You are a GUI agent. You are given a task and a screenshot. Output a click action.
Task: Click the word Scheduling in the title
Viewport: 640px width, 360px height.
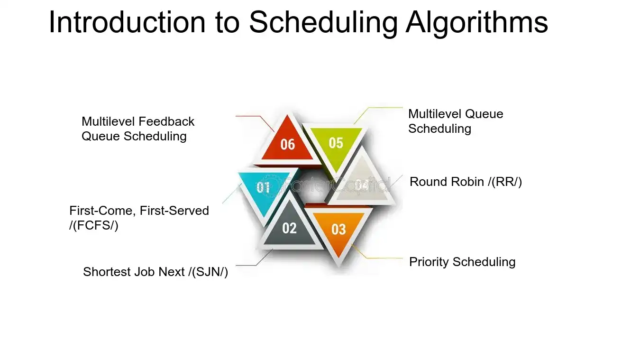(x=323, y=23)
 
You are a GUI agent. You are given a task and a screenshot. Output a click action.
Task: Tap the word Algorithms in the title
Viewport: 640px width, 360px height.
(x=477, y=22)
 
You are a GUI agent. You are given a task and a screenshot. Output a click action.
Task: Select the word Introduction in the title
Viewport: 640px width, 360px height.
(x=127, y=22)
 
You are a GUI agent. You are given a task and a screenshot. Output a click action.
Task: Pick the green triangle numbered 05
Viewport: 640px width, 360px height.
(x=336, y=145)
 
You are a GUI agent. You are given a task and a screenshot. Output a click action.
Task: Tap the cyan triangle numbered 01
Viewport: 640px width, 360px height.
(x=264, y=190)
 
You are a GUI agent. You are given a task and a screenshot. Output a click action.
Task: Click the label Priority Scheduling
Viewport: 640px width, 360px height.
(x=462, y=262)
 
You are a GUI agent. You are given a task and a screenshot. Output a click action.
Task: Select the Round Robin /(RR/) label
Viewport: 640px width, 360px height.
(x=466, y=182)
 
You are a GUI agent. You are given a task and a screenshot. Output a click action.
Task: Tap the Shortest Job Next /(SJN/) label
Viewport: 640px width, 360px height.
(x=155, y=272)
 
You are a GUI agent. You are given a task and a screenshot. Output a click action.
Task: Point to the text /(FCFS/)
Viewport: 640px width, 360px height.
(x=94, y=226)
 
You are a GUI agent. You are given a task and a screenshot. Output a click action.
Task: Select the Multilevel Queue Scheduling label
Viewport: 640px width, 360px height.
(x=456, y=121)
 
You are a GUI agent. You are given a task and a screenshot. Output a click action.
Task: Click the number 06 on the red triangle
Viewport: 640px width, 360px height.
(x=287, y=145)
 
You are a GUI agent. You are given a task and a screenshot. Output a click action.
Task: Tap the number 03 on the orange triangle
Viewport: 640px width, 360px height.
(x=338, y=229)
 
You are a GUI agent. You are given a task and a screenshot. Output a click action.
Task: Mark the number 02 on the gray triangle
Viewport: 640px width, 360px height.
(x=290, y=228)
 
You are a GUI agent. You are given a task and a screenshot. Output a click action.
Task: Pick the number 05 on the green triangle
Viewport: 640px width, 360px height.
(x=336, y=143)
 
